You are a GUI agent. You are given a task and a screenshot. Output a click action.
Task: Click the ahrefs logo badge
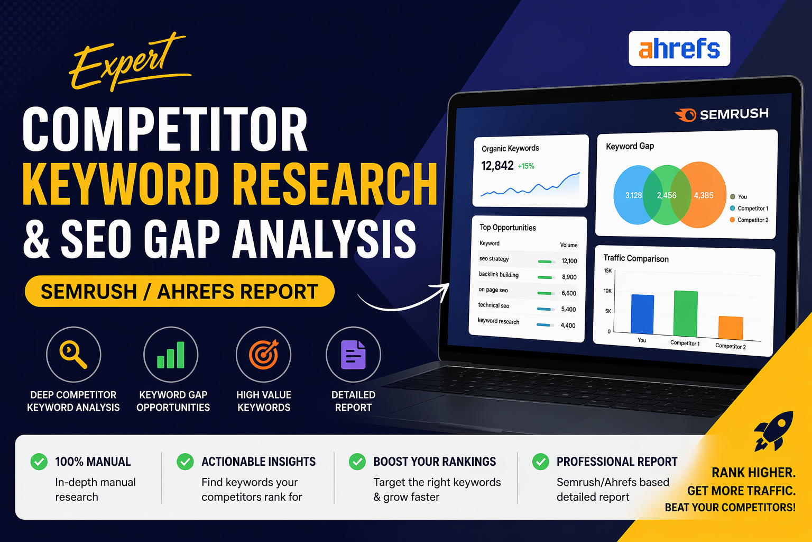[679, 49]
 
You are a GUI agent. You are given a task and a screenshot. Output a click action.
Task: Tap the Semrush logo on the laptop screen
[722, 114]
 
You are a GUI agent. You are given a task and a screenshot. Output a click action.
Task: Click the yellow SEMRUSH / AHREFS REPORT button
[179, 291]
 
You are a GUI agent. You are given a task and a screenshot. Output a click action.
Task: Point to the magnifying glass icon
[73, 354]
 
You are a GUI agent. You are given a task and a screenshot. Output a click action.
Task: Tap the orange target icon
[263, 354]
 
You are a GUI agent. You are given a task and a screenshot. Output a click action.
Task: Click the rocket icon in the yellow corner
[773, 430]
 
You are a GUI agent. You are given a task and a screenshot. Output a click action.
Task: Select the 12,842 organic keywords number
[497, 166]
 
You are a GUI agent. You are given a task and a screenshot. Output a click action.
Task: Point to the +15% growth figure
[526, 166]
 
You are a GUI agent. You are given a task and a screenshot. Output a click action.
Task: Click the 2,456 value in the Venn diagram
[667, 195]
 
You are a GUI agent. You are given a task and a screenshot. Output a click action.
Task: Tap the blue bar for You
[642, 314]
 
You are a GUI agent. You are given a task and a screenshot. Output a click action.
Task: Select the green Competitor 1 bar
[686, 313]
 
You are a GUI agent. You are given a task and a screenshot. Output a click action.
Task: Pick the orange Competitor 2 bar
[731, 328]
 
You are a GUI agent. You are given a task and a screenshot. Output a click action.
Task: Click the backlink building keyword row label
[499, 275]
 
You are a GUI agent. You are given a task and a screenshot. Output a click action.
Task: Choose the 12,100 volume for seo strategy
[569, 261]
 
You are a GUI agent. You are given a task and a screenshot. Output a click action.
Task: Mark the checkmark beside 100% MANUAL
[39, 462]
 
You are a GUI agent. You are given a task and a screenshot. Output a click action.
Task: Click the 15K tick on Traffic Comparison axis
[607, 270]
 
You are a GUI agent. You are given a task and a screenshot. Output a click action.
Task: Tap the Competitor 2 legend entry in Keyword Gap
[749, 220]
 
